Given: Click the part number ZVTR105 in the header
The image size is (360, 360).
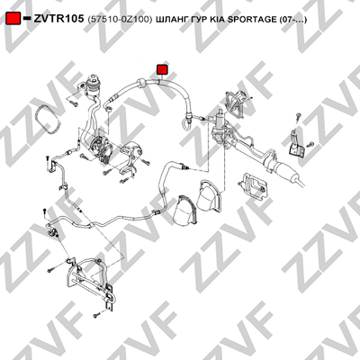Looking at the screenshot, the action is (58, 19).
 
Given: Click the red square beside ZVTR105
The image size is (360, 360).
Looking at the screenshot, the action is (13, 19).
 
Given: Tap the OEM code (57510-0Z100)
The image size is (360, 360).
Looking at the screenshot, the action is (120, 20).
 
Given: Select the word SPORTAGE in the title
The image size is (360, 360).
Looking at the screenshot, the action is (253, 20).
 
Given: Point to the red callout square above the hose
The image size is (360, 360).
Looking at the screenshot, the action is (163, 69).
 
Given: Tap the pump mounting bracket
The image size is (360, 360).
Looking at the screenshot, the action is (130, 157).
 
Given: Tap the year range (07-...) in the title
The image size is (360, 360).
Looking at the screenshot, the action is (292, 20).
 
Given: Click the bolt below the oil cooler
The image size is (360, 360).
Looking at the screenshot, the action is (96, 315).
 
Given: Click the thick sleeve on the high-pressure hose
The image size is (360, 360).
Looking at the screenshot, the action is (142, 83).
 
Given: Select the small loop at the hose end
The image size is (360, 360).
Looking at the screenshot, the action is (184, 123).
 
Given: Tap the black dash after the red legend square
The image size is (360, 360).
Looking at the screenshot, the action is (27, 18).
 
